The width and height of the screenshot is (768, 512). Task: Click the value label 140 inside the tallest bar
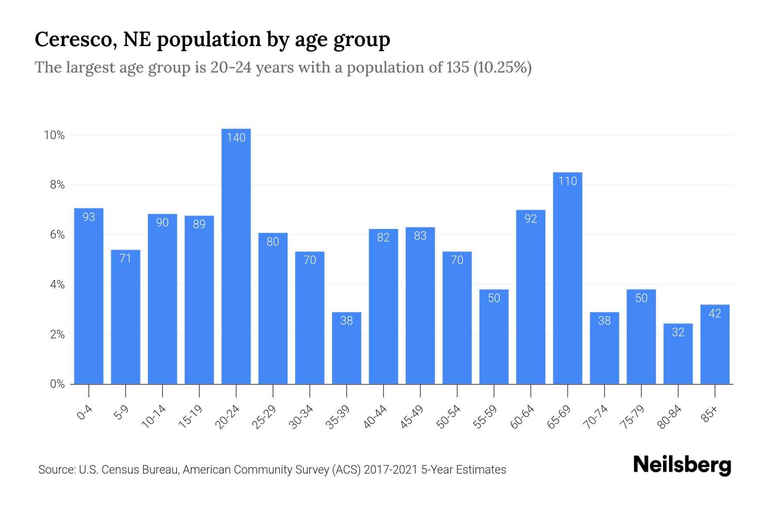click(236, 137)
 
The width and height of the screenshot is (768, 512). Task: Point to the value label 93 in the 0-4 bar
click(89, 217)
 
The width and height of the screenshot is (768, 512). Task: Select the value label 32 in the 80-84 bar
click(678, 332)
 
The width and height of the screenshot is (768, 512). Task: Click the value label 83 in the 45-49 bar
click(420, 236)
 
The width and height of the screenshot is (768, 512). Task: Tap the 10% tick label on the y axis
click(54, 135)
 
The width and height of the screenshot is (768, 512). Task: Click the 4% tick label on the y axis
click(57, 285)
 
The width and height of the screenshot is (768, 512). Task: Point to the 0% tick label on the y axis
click(57, 384)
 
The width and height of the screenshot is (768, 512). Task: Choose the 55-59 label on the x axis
click(485, 417)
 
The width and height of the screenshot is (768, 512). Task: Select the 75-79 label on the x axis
click(632, 417)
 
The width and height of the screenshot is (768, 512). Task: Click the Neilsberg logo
click(682, 465)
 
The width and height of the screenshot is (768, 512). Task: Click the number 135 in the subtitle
click(457, 67)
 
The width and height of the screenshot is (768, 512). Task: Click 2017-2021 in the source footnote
click(390, 470)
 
